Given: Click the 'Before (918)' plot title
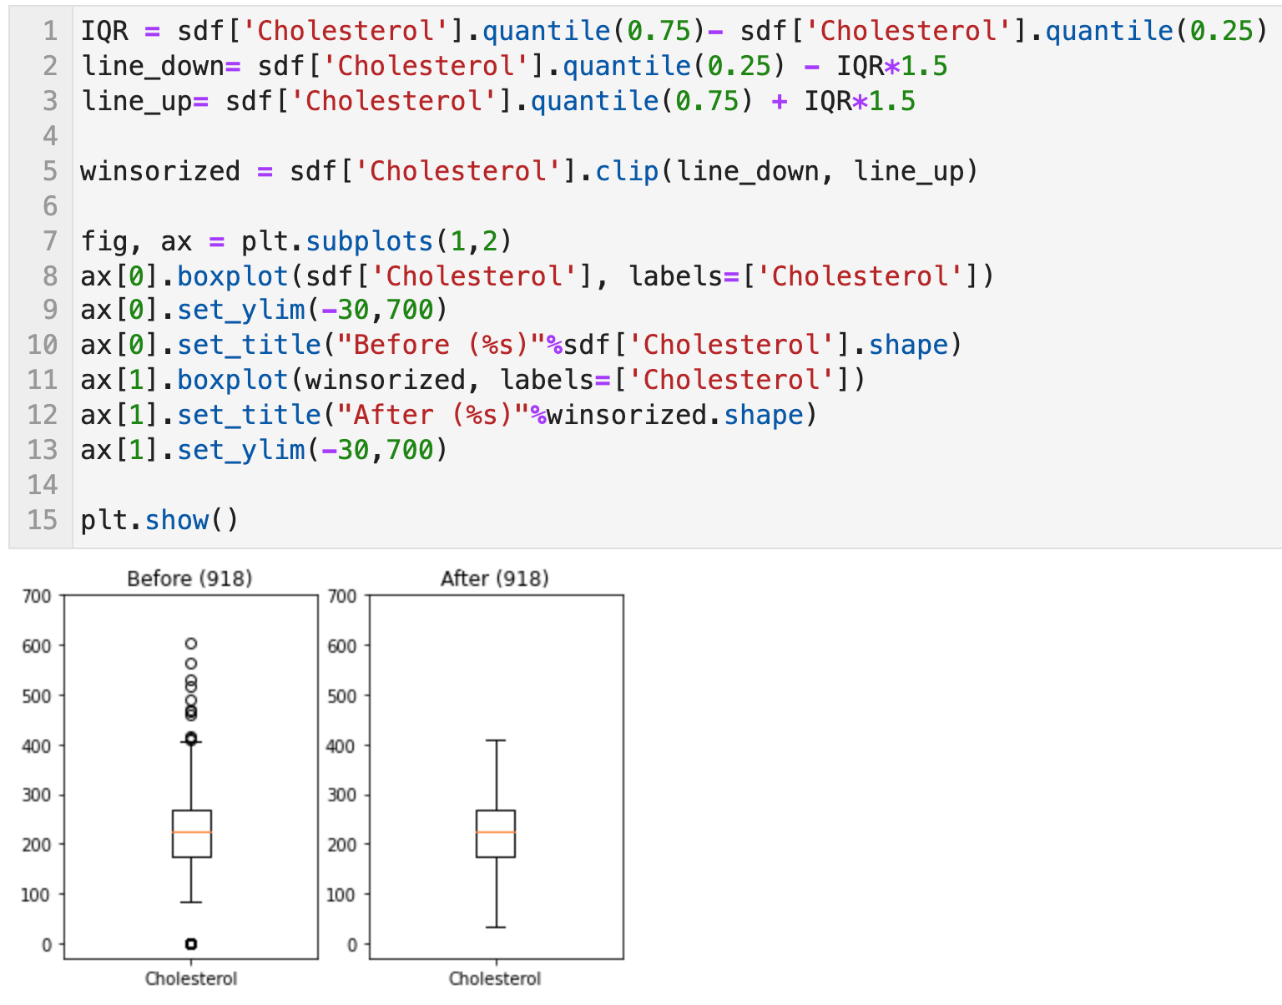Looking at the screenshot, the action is point(189,578).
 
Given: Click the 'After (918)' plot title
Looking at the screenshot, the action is point(495,578).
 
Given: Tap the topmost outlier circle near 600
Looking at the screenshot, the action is point(191,644).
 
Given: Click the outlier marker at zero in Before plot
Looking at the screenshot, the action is point(191,943).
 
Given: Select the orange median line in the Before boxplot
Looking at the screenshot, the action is point(191,832).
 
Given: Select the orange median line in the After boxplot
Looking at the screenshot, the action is point(496,832).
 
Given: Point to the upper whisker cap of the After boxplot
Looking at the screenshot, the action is point(496,740).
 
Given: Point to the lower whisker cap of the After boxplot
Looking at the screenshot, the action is point(496,927).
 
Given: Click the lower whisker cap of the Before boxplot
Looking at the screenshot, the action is point(191,902).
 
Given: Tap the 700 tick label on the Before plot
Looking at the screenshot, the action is point(37,596).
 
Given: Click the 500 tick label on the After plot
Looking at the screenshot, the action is point(342,695).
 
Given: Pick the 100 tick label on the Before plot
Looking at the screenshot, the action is point(37,894).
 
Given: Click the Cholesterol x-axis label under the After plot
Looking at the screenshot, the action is point(495,978).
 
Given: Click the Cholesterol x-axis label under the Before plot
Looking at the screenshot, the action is point(191,978).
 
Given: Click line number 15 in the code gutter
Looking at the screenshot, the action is point(43,520).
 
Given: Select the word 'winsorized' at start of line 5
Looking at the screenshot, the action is point(160,171).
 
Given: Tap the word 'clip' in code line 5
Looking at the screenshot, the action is point(627,171).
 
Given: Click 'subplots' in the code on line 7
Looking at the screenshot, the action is point(370,241).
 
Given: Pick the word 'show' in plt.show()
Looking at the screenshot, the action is point(177,520).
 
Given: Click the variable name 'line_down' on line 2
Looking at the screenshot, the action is point(153,66).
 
